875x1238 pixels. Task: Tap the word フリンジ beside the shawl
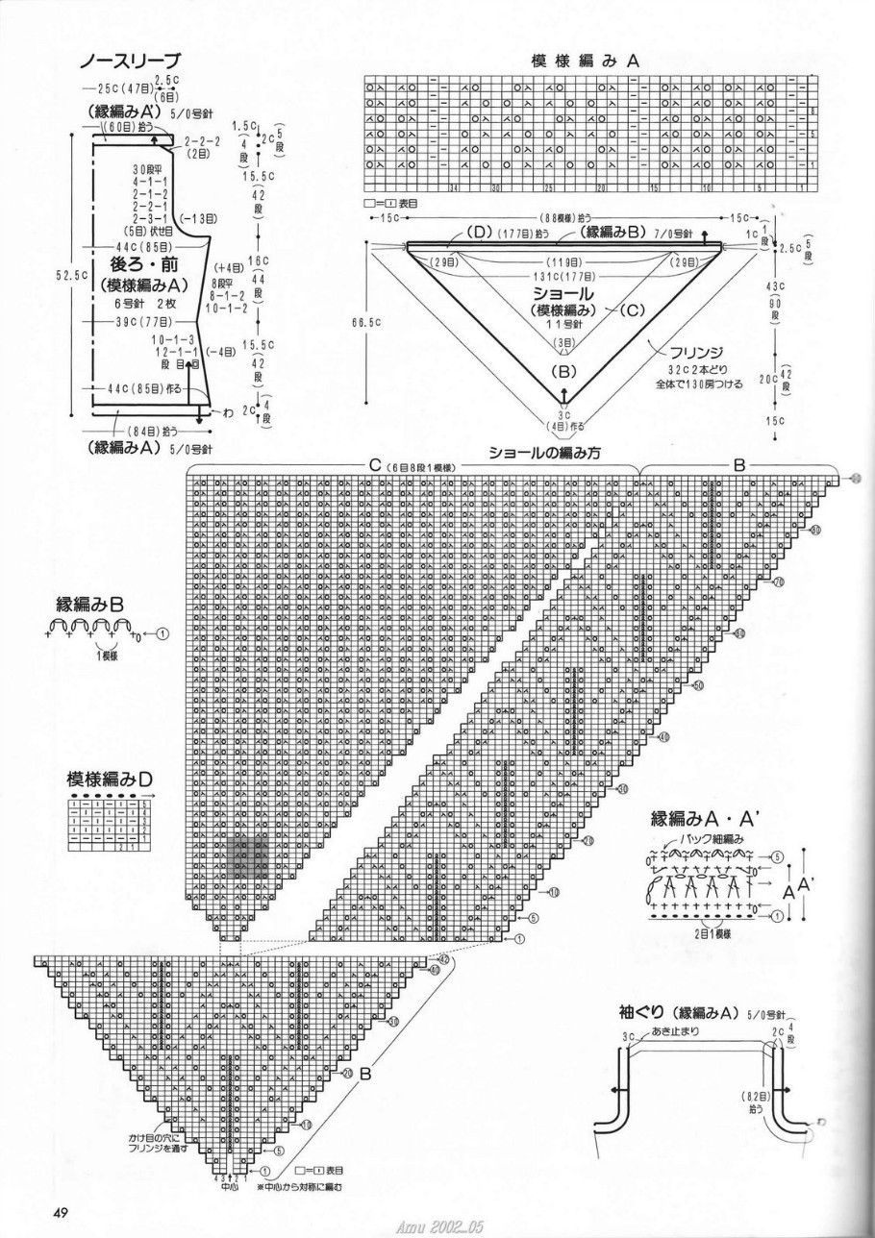pos(674,351)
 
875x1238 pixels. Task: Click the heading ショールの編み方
pos(545,454)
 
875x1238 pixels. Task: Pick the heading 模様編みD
pos(109,779)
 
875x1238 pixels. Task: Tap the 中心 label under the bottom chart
pos(228,1187)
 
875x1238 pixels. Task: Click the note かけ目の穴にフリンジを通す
pos(159,1141)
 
